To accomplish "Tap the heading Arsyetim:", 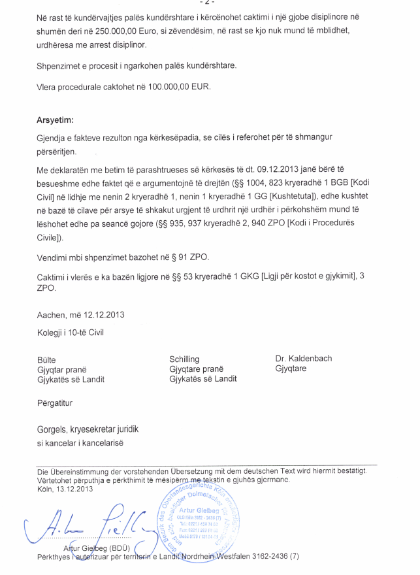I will (55, 121).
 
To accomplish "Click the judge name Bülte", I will (46, 359).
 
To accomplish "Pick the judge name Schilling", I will (184, 359).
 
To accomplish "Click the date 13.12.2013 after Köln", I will (74, 489).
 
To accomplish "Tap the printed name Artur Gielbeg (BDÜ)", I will (97, 548).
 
